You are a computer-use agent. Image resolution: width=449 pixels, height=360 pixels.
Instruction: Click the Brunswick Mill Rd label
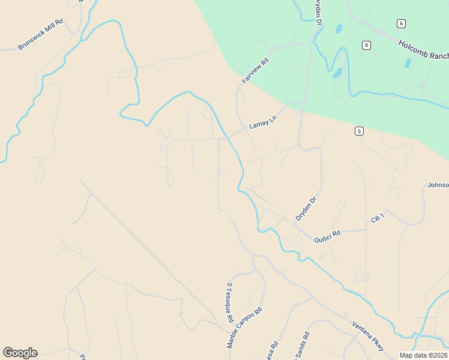click(x=40, y=37)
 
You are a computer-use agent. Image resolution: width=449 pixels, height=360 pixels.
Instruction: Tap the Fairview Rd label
click(x=255, y=71)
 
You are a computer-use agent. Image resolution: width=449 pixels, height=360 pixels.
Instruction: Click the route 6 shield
click(x=400, y=23)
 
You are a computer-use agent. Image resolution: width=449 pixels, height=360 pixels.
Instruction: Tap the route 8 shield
click(x=366, y=45)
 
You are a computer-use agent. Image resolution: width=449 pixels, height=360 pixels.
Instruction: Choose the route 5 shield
click(x=358, y=131)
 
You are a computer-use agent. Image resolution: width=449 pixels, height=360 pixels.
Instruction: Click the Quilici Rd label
click(x=327, y=236)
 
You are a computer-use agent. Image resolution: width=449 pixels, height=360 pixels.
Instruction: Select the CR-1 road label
click(x=377, y=220)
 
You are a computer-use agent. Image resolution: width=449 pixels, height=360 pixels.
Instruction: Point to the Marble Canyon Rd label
click(x=245, y=328)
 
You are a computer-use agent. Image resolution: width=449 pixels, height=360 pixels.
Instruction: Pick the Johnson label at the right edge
click(x=438, y=185)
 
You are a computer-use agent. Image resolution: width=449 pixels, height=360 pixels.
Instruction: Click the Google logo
click(x=20, y=353)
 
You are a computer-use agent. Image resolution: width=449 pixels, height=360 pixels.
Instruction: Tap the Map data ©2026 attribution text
click(x=423, y=355)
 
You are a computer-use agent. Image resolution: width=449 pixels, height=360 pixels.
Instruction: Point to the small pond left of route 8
click(x=339, y=28)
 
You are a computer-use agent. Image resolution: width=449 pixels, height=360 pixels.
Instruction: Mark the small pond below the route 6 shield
click(x=408, y=63)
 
